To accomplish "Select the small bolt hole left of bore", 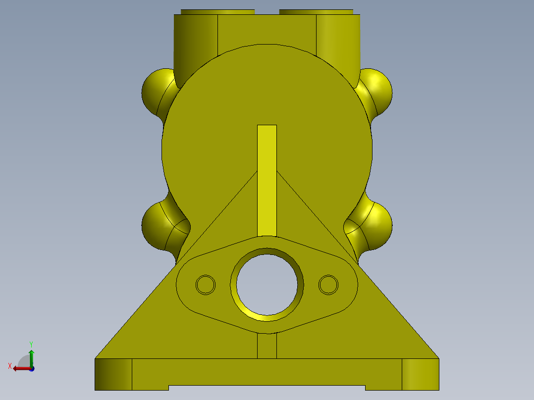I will pyautogui.click(x=206, y=285).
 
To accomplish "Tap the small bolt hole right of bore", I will pyautogui.click(x=328, y=285).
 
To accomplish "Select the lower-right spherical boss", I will pyautogui.click(x=377, y=226).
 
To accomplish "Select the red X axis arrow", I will pyautogui.click(x=20, y=368).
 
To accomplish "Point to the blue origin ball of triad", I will pyautogui.click(x=32, y=368).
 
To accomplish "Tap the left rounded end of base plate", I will pyautogui.click(x=113, y=374).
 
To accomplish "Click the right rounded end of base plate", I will pyautogui.click(x=420, y=374).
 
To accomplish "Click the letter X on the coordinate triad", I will pyautogui.click(x=10, y=366).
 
